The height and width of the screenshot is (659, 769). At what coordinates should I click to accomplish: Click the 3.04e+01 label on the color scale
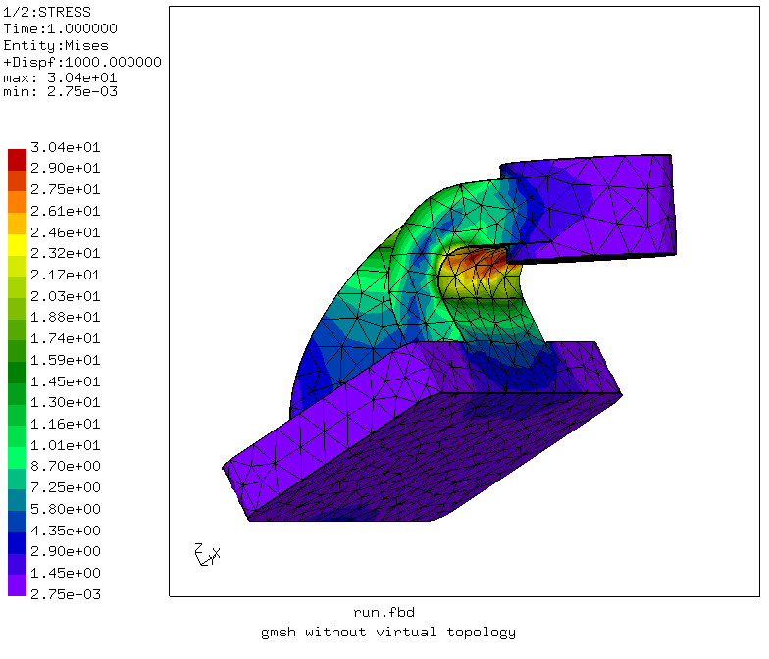pos(65,147)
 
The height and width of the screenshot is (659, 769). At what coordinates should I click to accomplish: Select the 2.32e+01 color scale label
pos(65,253)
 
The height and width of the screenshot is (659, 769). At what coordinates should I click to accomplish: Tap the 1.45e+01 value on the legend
pos(65,380)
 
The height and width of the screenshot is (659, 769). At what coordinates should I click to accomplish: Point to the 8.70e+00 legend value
pos(65,466)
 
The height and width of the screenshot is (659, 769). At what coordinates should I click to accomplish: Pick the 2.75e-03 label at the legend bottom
pos(65,594)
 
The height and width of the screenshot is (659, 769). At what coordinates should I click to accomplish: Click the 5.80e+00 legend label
pos(65,509)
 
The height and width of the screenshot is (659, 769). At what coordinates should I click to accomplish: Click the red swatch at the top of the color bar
pos(18,160)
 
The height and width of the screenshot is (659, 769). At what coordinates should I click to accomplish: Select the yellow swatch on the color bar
pos(18,245)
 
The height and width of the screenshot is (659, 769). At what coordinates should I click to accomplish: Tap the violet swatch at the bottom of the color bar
pos(18,585)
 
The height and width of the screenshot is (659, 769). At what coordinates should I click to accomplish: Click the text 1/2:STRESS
pos(47,12)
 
